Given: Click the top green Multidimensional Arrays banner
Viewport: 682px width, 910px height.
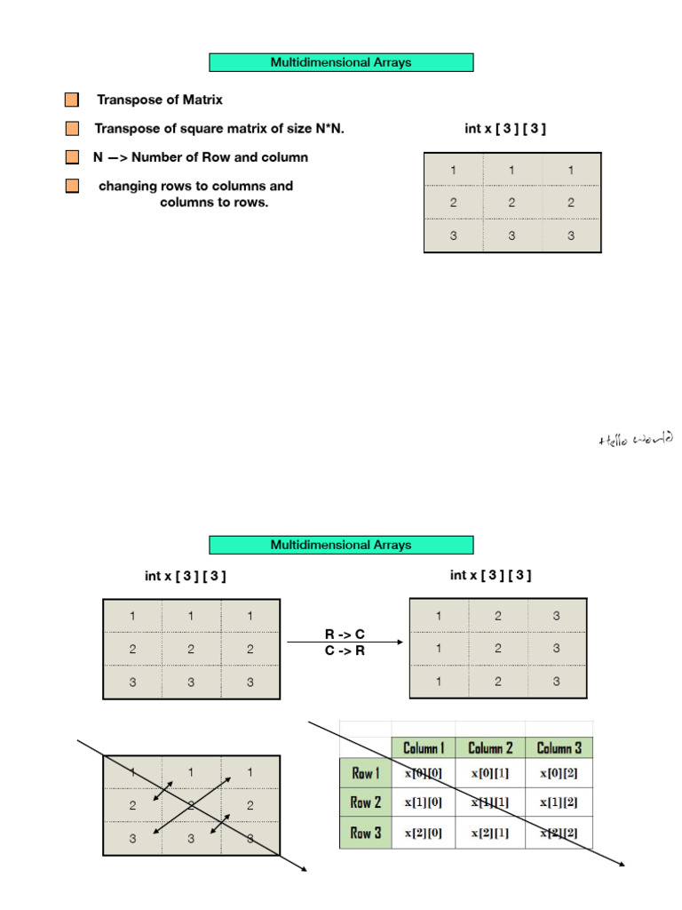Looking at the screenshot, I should click(341, 62).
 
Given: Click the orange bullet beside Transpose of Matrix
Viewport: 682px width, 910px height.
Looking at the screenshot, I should click(72, 100).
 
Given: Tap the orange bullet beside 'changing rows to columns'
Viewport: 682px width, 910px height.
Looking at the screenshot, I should click(72, 187).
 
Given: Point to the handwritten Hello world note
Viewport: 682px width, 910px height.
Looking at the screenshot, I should click(636, 438).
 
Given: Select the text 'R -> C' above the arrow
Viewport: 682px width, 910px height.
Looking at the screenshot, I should click(345, 635).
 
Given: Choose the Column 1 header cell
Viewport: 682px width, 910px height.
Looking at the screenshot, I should click(424, 747).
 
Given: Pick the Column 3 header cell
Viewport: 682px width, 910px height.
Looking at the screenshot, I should click(559, 747).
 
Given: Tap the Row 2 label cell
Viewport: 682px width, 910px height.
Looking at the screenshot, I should click(365, 802).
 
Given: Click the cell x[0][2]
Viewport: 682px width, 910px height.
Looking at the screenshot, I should click(559, 773).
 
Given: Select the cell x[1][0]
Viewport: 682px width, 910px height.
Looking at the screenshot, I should click(424, 802).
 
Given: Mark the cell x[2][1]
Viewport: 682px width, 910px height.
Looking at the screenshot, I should click(491, 833).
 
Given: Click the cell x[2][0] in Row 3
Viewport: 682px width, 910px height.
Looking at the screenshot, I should click(424, 833).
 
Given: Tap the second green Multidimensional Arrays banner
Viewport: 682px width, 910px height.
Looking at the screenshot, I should click(341, 545).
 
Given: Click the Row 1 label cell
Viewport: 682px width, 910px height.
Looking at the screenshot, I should click(365, 773).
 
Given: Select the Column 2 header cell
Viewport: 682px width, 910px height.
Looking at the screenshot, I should click(491, 747).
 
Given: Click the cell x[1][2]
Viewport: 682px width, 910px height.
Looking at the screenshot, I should click(559, 802).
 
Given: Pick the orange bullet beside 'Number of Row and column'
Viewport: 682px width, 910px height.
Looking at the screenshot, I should click(72, 157).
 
